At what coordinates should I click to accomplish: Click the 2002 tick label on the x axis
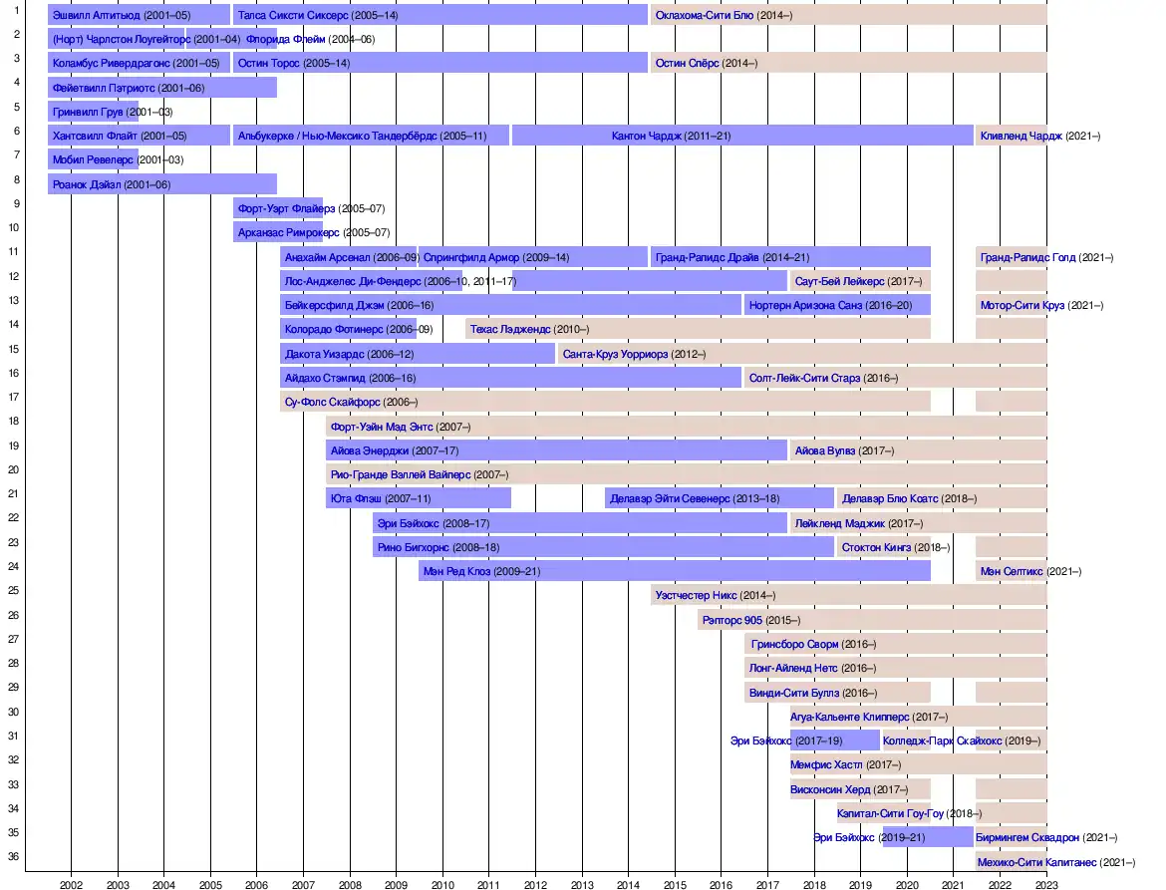pyautogui.click(x=71, y=883)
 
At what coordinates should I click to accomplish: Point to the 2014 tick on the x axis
pyautogui.click(x=628, y=883)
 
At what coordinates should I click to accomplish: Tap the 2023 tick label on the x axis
pyautogui.click(x=1046, y=883)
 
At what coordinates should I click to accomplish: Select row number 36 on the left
pyautogui.click(x=14, y=856)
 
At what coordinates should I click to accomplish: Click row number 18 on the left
pyautogui.click(x=14, y=422)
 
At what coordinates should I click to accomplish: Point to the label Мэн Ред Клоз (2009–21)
pyautogui.click(x=481, y=572)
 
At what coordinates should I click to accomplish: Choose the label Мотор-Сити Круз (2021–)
pyautogui.click(x=1041, y=306)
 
